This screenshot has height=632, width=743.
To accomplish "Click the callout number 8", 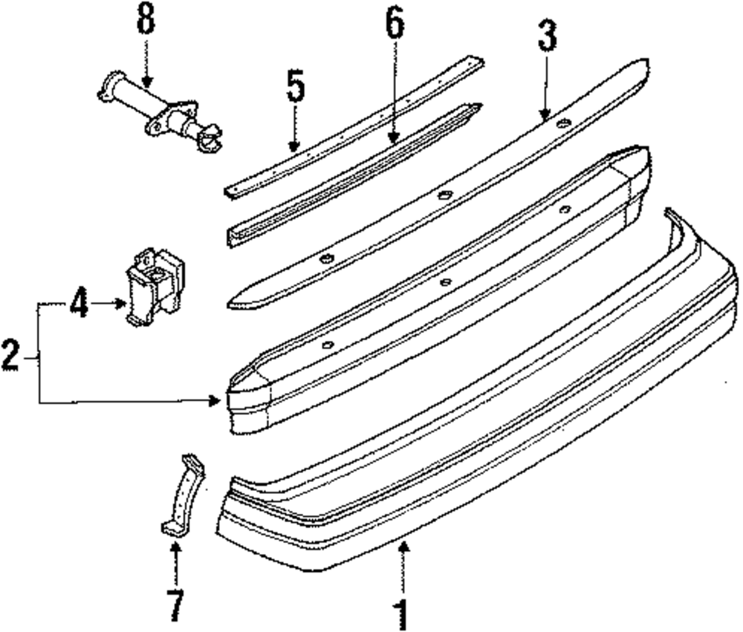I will (x=146, y=21).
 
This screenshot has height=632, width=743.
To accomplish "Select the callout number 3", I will (x=547, y=37).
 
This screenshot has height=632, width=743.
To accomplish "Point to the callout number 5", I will (x=295, y=87).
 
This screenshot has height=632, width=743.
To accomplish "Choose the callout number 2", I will (x=11, y=356).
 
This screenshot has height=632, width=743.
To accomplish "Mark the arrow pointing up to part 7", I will (x=175, y=564).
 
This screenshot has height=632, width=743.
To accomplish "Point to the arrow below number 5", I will (x=295, y=130).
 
